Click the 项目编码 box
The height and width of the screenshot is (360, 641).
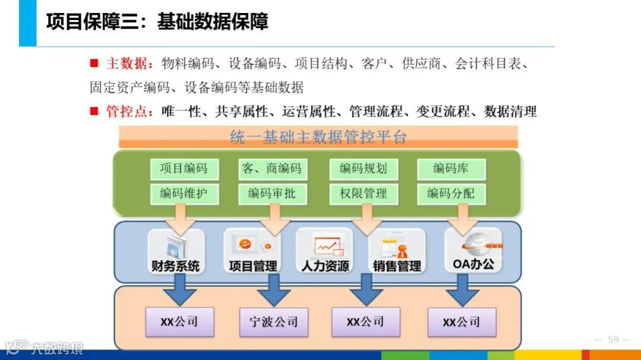184,168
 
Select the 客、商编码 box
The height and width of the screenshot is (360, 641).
272,168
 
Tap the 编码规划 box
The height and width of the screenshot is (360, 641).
363,168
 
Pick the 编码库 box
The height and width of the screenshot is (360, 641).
450,168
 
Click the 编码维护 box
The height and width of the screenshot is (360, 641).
184,193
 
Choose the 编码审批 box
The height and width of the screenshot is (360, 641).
272,193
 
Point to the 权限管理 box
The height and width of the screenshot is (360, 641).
363,193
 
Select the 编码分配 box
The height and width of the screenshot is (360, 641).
450,193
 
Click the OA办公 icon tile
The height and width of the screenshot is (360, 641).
473,250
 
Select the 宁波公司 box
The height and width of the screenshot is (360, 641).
274,323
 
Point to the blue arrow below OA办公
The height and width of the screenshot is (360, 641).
462,291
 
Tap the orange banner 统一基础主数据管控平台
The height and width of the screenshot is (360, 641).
318,137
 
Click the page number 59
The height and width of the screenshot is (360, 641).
613,339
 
